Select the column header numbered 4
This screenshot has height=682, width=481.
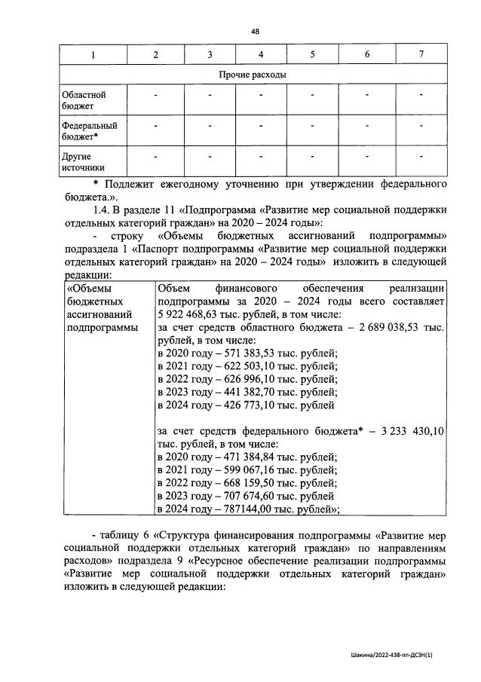[x=260, y=54]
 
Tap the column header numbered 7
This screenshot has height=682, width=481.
[x=421, y=54]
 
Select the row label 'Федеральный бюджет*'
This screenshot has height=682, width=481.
[x=83, y=131]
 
